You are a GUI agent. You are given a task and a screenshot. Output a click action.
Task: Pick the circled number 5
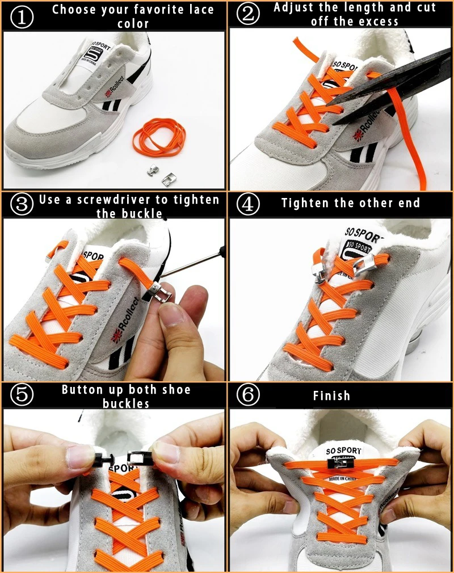coord(21,395)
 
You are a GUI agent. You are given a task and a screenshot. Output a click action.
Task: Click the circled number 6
coord(248,395)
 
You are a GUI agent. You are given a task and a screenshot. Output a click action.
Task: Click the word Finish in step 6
coord(331,395)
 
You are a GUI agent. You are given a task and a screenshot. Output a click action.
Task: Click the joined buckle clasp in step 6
coord(339,464)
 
